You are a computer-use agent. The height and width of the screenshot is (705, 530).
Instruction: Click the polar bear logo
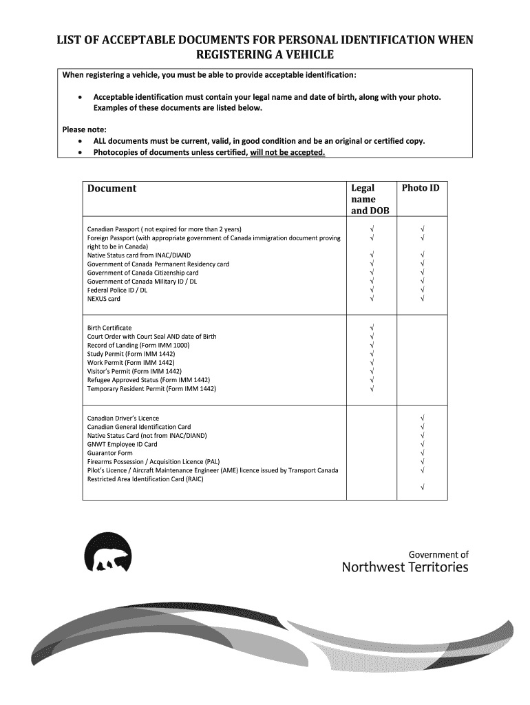pos(107,553)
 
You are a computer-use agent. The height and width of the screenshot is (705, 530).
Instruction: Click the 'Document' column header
pos(112,189)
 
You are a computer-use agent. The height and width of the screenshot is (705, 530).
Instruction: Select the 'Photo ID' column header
pos(421,188)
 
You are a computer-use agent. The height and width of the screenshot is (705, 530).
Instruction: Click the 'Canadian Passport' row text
pos(164,229)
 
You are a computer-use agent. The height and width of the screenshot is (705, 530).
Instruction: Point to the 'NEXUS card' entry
pos(104,299)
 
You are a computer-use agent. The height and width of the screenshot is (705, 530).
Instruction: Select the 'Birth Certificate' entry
pos(109,328)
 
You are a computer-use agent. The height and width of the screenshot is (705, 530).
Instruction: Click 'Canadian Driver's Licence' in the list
pos(123,418)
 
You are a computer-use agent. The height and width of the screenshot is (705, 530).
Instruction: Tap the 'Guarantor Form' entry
pos(110,453)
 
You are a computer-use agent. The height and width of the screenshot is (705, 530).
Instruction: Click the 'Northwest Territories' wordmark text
pos(405,567)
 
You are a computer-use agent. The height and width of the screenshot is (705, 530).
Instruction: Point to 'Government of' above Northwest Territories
pos(438,554)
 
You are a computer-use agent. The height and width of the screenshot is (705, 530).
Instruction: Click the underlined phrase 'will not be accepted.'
pos(288,151)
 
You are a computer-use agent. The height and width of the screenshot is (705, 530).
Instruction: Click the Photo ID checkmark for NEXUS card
pos(423,299)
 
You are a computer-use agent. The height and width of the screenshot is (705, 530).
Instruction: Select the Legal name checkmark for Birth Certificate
pos(372,328)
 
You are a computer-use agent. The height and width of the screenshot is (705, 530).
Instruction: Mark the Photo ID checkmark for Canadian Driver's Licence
pos(423,418)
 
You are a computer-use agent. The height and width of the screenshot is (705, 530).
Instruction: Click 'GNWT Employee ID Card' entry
pos(123,444)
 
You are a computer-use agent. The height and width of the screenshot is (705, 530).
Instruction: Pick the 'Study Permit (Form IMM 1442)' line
pos(131,354)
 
